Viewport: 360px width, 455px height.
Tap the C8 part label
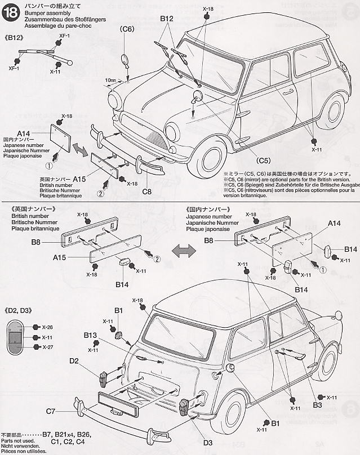click(x=147, y=191)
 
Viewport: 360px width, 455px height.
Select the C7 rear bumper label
click(x=50, y=411)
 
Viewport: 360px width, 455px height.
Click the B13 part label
click(x=91, y=335)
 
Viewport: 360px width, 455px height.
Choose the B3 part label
click(x=317, y=405)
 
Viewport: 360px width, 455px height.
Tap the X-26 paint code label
click(x=46, y=327)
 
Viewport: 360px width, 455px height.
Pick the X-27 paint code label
click(x=46, y=347)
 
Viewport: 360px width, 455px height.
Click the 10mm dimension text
click(x=110, y=81)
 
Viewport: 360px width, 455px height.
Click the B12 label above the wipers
click(x=167, y=19)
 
